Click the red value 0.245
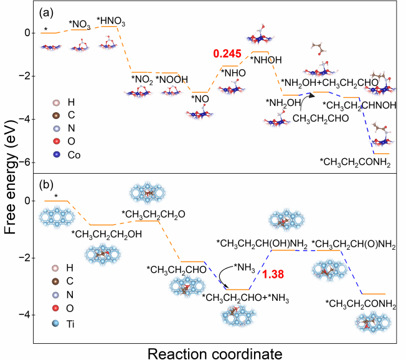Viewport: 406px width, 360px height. pyautogui.click(x=227, y=55)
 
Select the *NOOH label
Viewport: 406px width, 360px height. pyautogui.click(x=169, y=79)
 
